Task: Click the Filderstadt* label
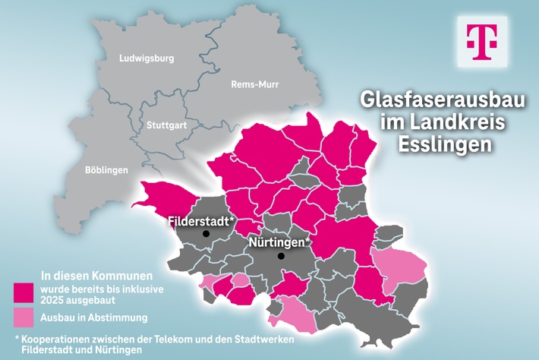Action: point(200,222)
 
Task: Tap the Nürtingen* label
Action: point(280,242)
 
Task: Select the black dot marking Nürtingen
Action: point(281,256)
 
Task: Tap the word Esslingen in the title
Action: point(440,144)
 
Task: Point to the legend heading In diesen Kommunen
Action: point(96,274)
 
